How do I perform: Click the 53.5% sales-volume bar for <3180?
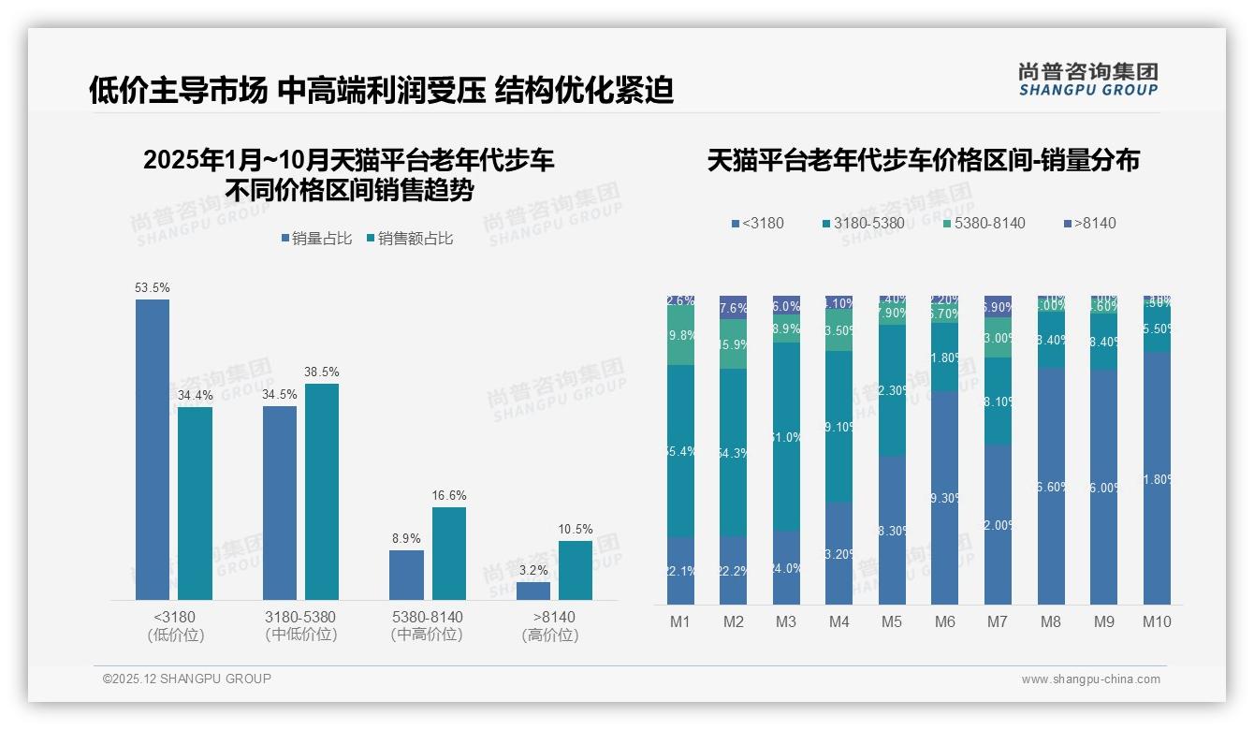(153, 449)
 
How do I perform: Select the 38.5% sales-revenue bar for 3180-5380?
(322, 491)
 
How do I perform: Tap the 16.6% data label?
(449, 495)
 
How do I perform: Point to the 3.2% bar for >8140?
(533, 591)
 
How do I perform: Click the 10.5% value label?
(576, 529)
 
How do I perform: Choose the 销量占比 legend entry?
(316, 239)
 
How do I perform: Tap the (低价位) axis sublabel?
(175, 635)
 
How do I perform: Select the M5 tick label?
(892, 621)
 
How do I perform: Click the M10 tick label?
(1157, 621)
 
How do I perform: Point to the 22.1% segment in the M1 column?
(680, 570)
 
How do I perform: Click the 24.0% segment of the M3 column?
(786, 567)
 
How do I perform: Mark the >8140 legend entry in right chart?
(1089, 223)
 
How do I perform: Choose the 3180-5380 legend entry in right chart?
(863, 223)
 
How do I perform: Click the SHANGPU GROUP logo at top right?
(1087, 80)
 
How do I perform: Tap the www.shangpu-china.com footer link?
(1090, 679)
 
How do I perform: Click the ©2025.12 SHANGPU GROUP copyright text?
(187, 679)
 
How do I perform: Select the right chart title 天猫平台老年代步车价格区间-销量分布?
(923, 160)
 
